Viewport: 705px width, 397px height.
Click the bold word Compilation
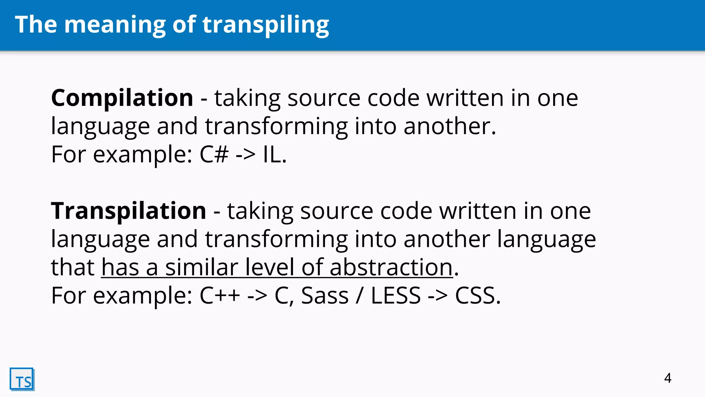coord(122,98)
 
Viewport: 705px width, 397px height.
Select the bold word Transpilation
coord(128,211)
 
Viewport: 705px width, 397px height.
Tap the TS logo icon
coord(22,379)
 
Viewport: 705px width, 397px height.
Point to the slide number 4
coord(667,378)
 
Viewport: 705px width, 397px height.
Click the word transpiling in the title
coord(265,25)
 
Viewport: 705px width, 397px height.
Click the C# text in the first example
coord(214,154)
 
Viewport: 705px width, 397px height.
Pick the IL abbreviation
coord(272,154)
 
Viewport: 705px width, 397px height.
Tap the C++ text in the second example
coord(220,296)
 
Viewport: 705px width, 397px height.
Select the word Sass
coord(325,296)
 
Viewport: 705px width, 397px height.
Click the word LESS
coord(396,296)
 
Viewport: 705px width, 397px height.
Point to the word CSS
coord(475,296)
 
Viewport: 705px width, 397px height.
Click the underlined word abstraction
coord(391,267)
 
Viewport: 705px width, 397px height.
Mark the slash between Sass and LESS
coord(359,296)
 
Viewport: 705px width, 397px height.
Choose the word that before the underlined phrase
coord(73,267)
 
